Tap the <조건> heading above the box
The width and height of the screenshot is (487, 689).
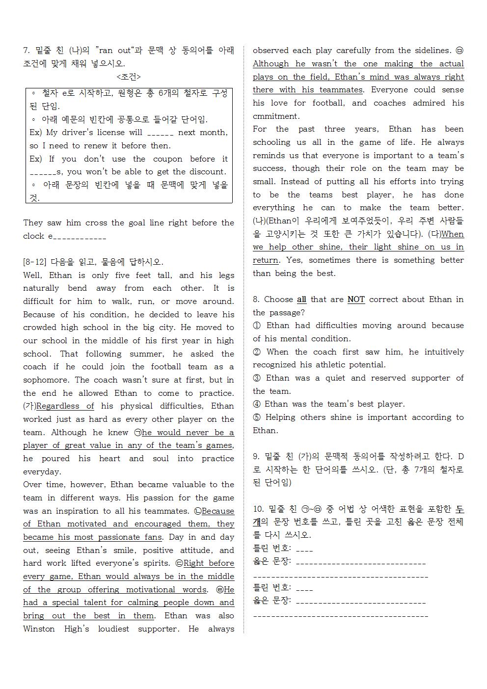click(129, 77)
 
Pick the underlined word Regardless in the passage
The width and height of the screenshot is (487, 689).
click(58, 406)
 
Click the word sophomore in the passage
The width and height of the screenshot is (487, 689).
click(47, 380)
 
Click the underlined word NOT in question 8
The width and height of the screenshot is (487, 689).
click(356, 300)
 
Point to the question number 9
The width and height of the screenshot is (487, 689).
click(256, 457)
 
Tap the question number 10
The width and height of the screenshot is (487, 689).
click(258, 509)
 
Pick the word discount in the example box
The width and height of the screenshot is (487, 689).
click(204, 172)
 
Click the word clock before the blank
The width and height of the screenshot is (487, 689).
click(33, 236)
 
